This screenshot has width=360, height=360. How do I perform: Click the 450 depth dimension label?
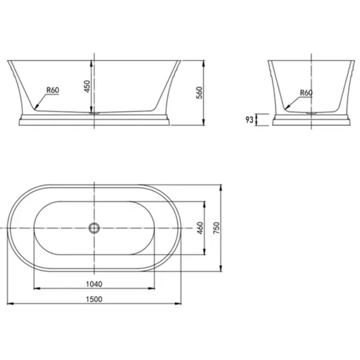[x=87, y=86]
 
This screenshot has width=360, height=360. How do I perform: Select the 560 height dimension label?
[x=200, y=93]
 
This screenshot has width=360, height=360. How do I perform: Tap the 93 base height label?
[x=249, y=120]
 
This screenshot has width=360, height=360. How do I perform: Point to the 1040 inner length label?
[x=94, y=284]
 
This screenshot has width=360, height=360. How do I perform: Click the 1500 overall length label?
[x=94, y=300]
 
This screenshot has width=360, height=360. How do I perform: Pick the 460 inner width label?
[x=200, y=228]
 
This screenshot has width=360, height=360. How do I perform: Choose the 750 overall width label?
[x=217, y=228]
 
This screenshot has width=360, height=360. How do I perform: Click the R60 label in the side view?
[x=53, y=90]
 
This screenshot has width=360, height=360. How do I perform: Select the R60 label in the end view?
[x=306, y=93]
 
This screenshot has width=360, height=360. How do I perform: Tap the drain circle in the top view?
[x=94, y=228]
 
